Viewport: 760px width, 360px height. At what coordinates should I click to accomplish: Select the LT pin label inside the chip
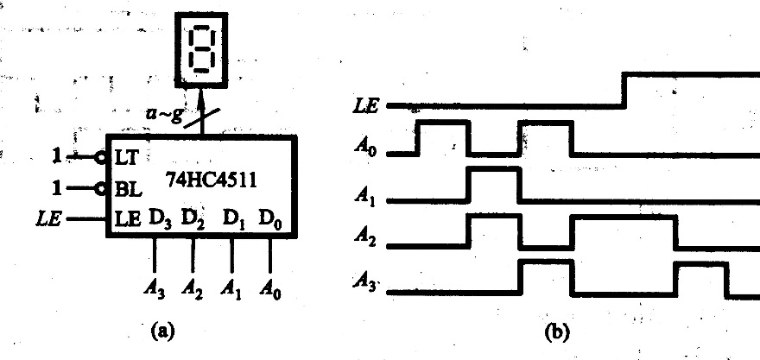click(127, 158)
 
